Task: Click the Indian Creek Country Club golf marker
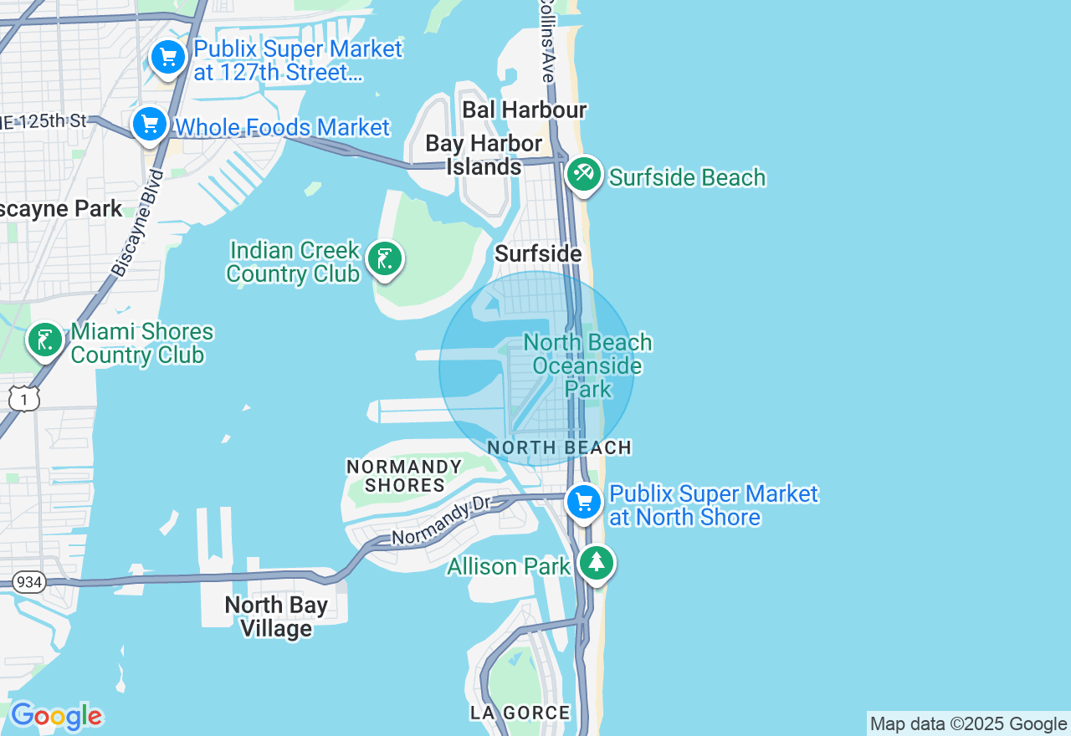click(385, 259)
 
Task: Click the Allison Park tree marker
click(596, 563)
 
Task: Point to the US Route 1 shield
click(24, 399)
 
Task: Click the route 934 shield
click(29, 581)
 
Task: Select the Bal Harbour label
click(525, 110)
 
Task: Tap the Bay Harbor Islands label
click(484, 155)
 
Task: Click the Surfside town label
click(538, 253)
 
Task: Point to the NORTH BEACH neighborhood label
click(559, 447)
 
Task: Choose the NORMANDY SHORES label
click(405, 476)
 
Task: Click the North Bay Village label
click(276, 616)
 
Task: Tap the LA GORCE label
click(520, 713)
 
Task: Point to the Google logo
click(56, 716)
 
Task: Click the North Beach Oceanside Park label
click(587, 365)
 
